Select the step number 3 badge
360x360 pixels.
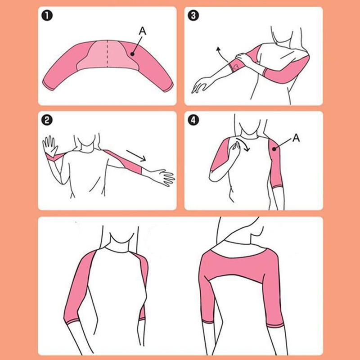pos(194,17)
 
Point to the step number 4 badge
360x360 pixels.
pos(194,121)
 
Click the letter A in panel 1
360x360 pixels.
pos(142,31)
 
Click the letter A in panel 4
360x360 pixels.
pos(296,139)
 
